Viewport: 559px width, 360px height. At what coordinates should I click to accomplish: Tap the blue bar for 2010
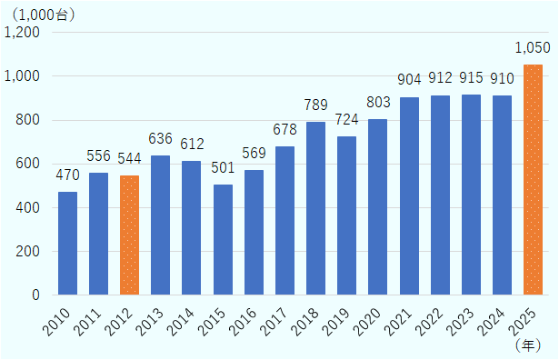(x=67, y=244)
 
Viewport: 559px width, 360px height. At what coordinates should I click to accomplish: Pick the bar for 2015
(x=223, y=240)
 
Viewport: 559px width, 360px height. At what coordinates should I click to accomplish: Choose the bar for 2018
(x=315, y=208)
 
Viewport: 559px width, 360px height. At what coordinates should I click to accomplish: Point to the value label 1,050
(x=533, y=47)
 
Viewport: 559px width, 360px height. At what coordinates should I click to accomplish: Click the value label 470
(x=67, y=175)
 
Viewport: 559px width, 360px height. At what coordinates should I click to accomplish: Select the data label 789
(x=315, y=105)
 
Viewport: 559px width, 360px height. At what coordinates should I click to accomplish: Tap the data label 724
(x=346, y=120)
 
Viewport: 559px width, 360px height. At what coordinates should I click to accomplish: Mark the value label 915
(x=471, y=78)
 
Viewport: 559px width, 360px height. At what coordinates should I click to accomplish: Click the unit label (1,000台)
(x=42, y=14)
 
